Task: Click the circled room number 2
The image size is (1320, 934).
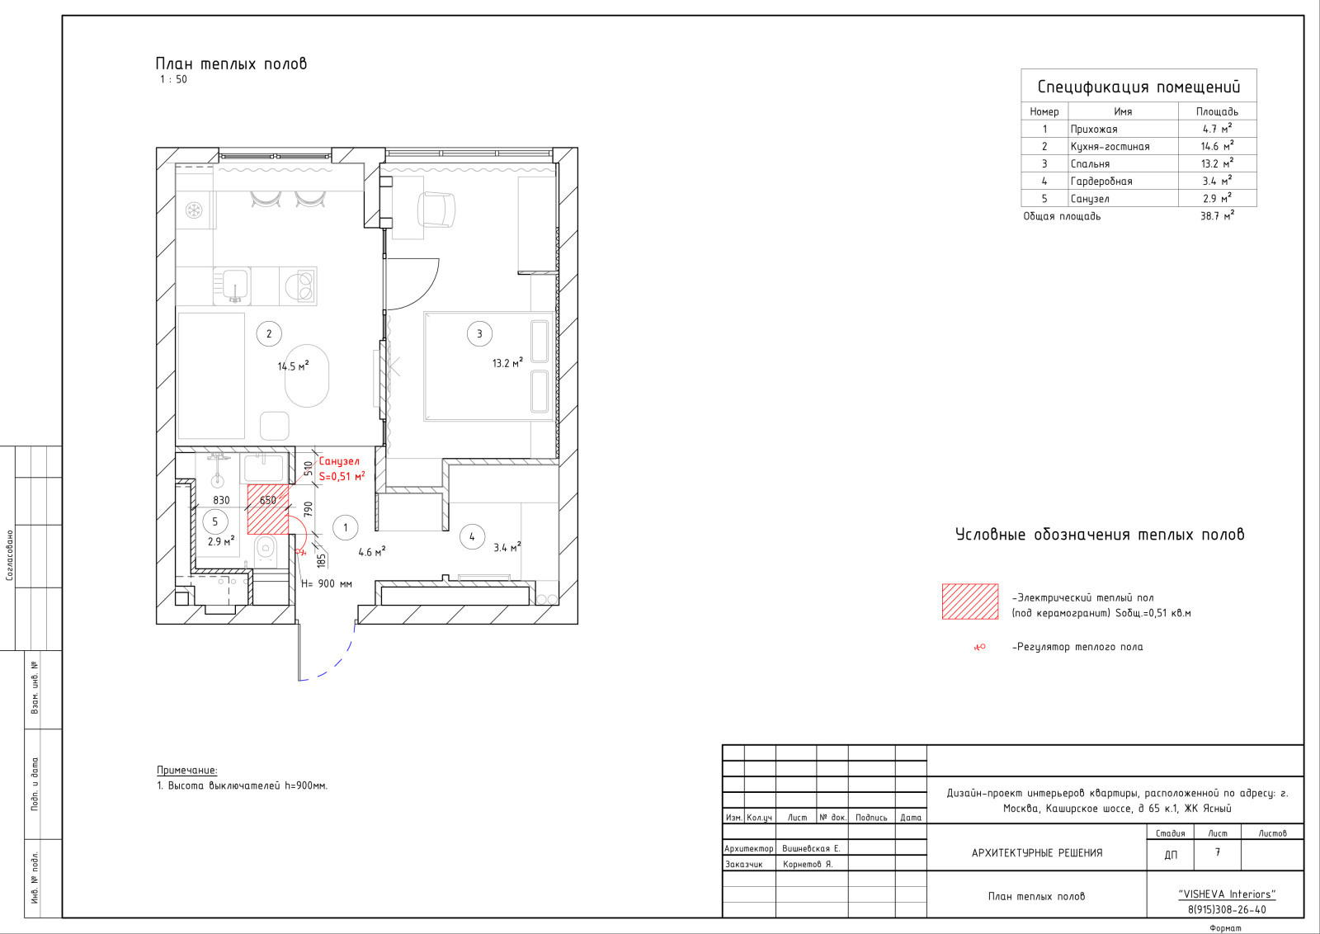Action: click(x=269, y=334)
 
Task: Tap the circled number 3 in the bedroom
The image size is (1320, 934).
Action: click(x=479, y=334)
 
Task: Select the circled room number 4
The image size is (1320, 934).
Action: click(x=471, y=537)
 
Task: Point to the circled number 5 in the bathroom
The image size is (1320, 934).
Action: click(x=214, y=521)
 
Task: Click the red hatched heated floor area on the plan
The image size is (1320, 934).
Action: click(x=267, y=509)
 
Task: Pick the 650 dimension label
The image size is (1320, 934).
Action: click(x=267, y=500)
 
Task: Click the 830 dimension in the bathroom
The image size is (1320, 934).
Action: click(x=221, y=500)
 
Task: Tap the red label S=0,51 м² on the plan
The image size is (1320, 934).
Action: click(x=342, y=476)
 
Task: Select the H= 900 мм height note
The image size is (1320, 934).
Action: click(x=327, y=583)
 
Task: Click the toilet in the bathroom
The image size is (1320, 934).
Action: click(x=266, y=551)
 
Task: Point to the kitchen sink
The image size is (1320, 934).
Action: click(x=232, y=285)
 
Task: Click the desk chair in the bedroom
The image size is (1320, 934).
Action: click(x=436, y=210)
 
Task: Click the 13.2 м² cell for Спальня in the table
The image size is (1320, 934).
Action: click(x=1217, y=163)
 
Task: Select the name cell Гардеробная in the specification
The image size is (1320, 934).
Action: click(x=1101, y=181)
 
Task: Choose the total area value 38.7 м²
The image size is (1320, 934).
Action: click(x=1217, y=215)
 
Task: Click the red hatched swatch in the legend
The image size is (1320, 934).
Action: click(x=970, y=601)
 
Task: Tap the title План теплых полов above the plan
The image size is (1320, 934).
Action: click(x=231, y=64)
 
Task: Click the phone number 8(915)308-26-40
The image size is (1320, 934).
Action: click(x=1227, y=910)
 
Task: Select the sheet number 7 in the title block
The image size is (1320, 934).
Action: click(x=1218, y=852)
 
